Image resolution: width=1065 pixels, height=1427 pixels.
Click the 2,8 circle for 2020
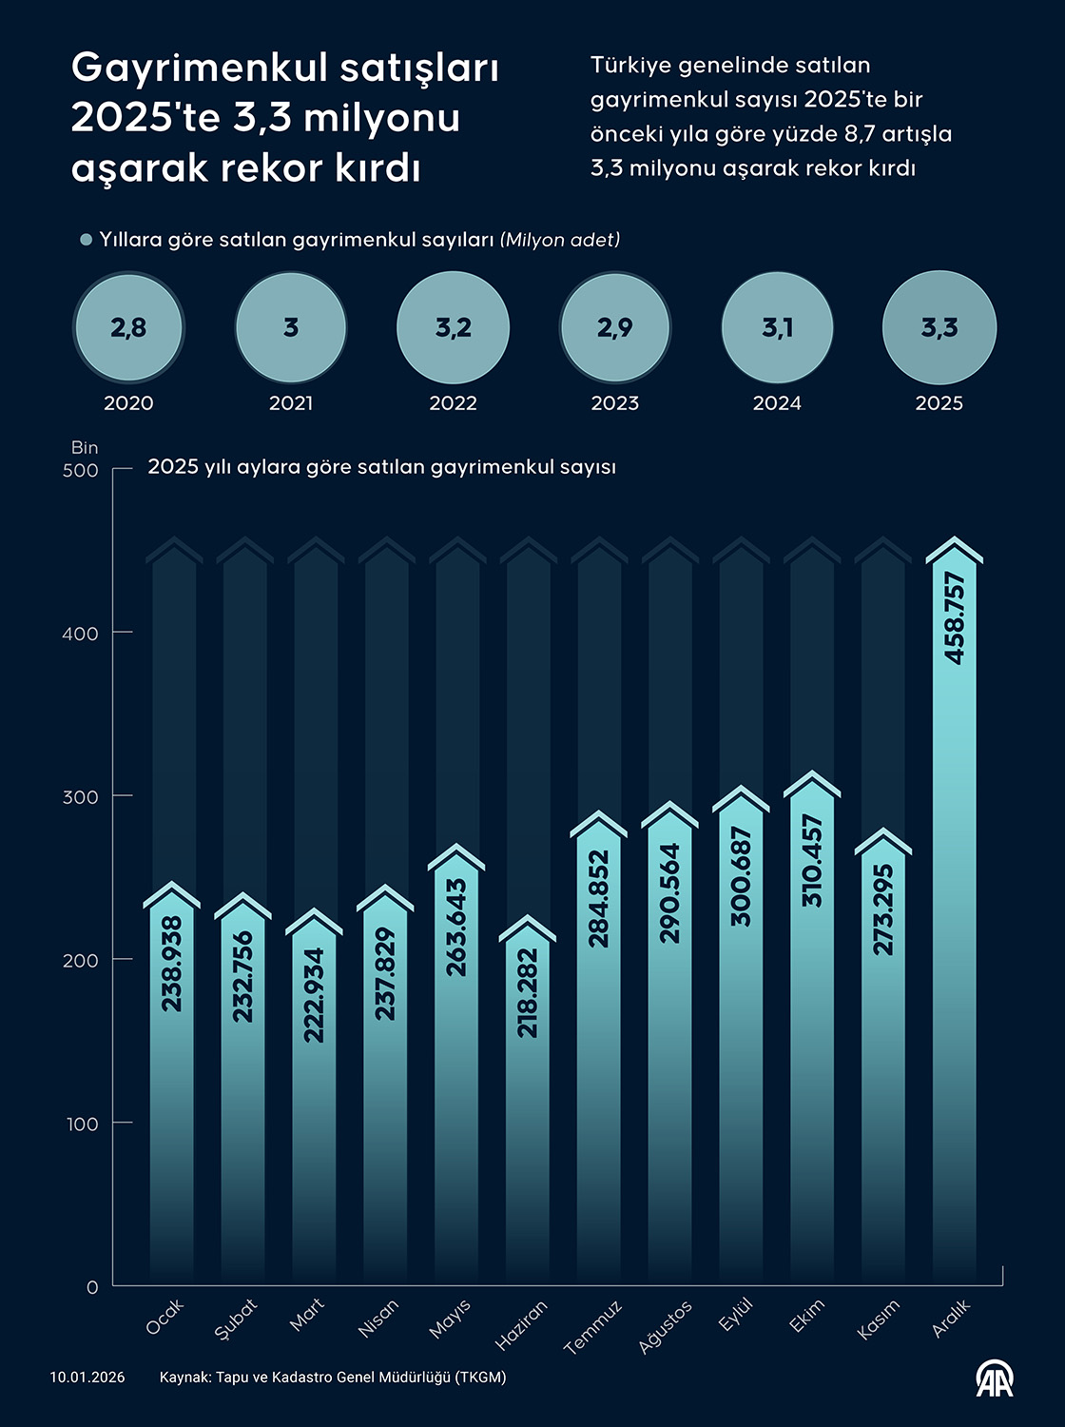coord(128,327)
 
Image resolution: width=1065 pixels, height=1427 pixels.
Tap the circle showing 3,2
coord(453,327)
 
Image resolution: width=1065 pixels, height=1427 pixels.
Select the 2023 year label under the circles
coord(614,403)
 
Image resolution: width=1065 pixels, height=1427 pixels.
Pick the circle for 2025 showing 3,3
coord(939,327)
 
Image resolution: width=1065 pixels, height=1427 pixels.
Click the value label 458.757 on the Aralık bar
coord(955,617)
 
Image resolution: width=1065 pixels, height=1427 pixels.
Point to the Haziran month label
coord(521,1325)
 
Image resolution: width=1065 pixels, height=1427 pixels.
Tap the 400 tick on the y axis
coord(81,634)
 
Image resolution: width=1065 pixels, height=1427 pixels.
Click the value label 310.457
coord(812,860)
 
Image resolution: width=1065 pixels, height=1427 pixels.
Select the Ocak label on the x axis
coord(165,1316)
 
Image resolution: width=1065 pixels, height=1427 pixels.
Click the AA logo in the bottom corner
coord(995,1378)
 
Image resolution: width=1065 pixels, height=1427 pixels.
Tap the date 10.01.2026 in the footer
coord(87,1378)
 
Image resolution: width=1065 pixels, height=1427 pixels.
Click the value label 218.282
coord(528,993)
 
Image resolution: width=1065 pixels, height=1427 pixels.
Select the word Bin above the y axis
coord(85,447)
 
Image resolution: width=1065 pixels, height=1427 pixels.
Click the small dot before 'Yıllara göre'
coord(87,240)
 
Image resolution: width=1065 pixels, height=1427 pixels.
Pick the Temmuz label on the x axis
coord(592,1326)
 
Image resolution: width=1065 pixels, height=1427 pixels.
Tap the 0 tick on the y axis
coord(92,1287)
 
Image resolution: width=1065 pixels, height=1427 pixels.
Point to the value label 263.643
coord(456,927)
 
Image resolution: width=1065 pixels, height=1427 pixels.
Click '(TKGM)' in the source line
coord(480,1378)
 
